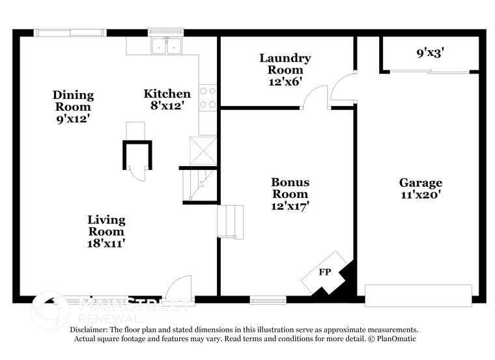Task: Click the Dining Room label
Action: [x=73, y=101]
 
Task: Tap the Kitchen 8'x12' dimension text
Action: [x=167, y=106]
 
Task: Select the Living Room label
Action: [x=106, y=225]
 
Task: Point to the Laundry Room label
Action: [x=285, y=64]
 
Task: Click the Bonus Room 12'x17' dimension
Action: [x=290, y=206]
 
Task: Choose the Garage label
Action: [x=420, y=183]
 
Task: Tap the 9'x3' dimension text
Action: [x=430, y=53]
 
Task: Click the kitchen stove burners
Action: [x=208, y=98]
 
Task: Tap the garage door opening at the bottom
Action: [x=418, y=296]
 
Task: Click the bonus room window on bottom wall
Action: [x=268, y=300]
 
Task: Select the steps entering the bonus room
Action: [x=230, y=221]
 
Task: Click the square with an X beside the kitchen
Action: [x=202, y=150]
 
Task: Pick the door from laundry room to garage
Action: [x=343, y=89]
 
